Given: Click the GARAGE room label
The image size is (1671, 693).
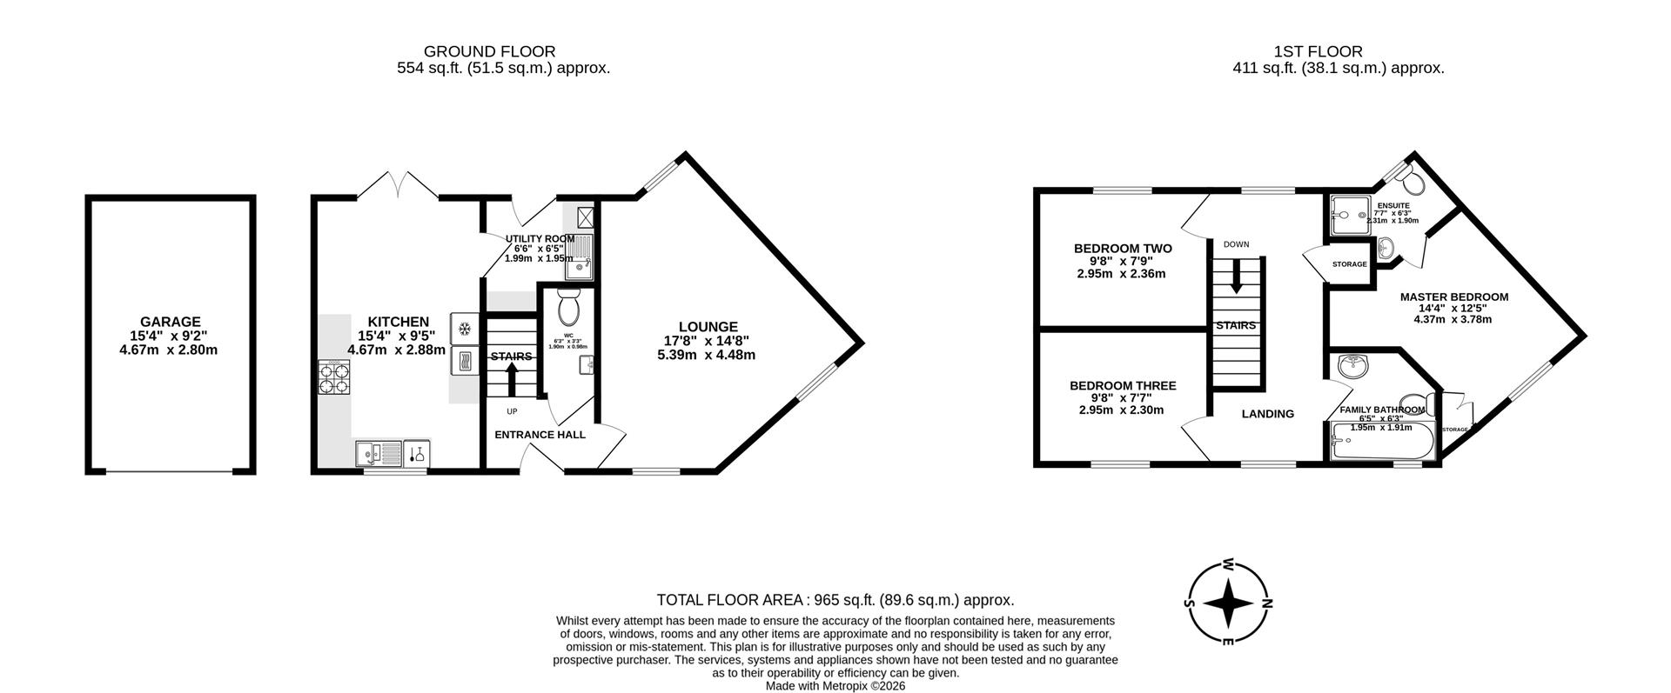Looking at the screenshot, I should (x=170, y=322).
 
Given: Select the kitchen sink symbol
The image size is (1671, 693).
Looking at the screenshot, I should (x=379, y=453).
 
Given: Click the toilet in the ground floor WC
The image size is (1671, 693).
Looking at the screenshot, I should (x=568, y=307).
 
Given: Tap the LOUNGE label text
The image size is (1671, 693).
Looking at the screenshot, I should (x=708, y=327).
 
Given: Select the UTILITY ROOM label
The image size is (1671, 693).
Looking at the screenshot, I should (x=540, y=238).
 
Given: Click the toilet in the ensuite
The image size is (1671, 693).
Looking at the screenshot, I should (x=1413, y=182).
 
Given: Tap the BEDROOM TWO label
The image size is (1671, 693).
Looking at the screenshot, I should (x=1122, y=249).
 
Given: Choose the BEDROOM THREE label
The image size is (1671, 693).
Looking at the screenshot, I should (x=1122, y=386).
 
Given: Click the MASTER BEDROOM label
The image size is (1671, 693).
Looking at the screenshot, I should (x=1453, y=297).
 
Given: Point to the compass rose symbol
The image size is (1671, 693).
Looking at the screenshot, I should (x=1228, y=603).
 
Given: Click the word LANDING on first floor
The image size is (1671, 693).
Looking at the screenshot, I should (x=1267, y=414).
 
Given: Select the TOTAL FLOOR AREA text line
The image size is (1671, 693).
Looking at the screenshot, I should (x=835, y=600).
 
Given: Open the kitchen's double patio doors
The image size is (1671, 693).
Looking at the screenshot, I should (x=398, y=185).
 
